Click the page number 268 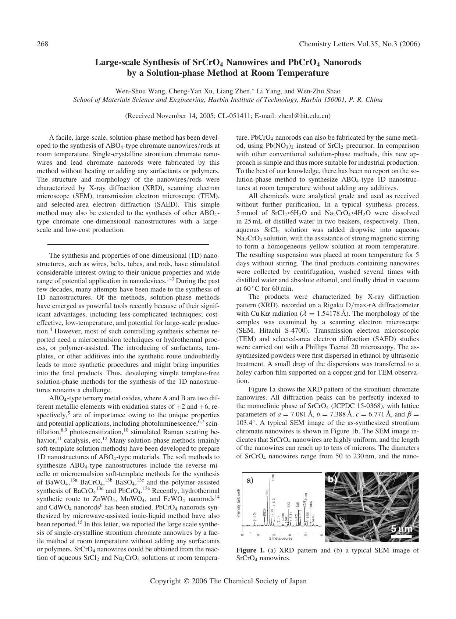coord(43,44)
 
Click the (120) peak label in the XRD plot coord(273,477)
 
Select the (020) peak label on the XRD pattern coord(264,512)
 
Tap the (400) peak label coord(311,504)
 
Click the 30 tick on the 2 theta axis coord(274,535)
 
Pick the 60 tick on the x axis coord(322,535)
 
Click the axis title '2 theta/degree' coord(281,539)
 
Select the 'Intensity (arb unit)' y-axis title coord(238,503)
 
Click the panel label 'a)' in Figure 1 coord(250,480)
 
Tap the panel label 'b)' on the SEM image coord(332,479)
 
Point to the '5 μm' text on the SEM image coord(402,529)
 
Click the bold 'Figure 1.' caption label coord(250,550)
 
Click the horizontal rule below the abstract coord(128,244)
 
